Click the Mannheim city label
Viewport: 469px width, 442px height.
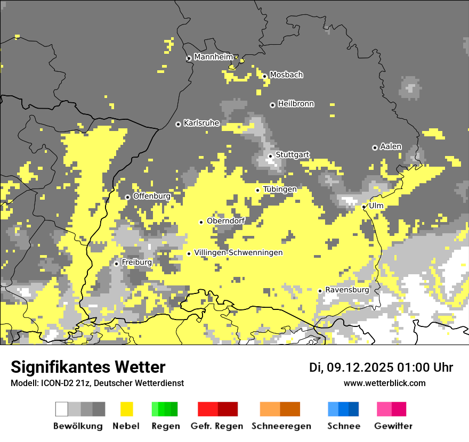pos(214,57)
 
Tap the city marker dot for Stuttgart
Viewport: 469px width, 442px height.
pos(271,156)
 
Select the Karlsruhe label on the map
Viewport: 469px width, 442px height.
pos(201,123)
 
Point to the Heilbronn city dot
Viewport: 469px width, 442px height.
pos(272,105)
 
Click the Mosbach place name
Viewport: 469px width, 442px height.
pos(286,75)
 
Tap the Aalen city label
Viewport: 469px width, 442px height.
pos(391,146)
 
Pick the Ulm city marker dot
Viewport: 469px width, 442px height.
pos(364,207)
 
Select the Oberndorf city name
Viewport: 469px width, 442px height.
pos(226,221)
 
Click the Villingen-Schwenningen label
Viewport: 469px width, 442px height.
pos(238,252)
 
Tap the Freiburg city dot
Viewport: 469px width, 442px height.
pos(116,264)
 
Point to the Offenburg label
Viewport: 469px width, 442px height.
pos(152,196)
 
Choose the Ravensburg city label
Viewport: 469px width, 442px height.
pos(347,290)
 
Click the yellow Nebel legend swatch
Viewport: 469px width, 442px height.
pos(127,409)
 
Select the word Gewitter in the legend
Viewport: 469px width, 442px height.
pos(393,426)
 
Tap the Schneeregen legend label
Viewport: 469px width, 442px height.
pos(281,426)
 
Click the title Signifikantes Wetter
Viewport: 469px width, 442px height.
pos(88,367)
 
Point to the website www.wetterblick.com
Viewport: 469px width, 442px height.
pos(385,383)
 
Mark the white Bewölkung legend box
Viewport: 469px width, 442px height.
pos(62,409)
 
